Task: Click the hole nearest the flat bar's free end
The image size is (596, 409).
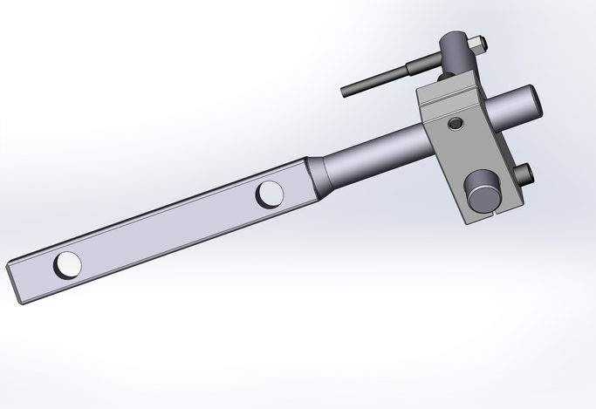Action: coord(67,263)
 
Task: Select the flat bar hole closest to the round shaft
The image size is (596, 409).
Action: coord(270,194)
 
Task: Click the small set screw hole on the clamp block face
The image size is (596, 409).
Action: coord(453,124)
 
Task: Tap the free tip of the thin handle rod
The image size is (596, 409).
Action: coord(346,91)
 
